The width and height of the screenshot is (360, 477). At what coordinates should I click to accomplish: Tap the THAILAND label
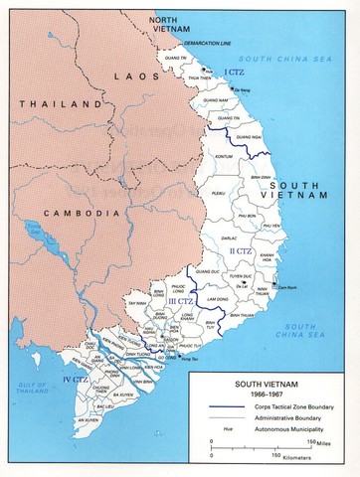[40, 102]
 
